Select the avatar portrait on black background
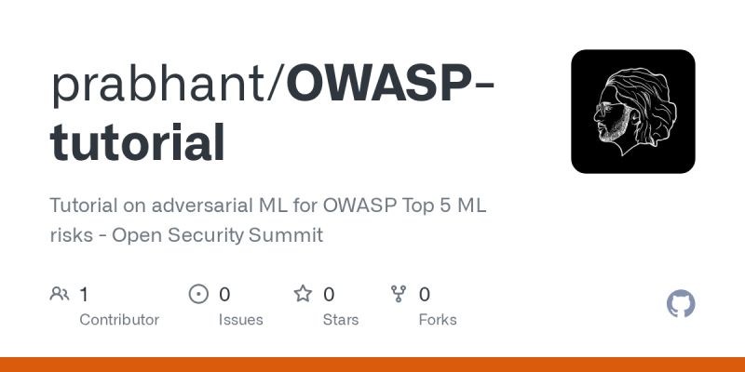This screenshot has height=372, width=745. [633, 112]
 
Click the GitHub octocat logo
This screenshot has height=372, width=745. [682, 304]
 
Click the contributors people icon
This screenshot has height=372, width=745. [60, 295]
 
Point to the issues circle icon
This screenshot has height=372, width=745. [198, 295]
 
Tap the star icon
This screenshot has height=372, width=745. [303, 295]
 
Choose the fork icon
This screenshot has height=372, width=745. [399, 295]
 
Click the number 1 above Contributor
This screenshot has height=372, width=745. [84, 295]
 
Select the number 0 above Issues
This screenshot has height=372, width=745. [224, 295]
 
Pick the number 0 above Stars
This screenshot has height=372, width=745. [329, 295]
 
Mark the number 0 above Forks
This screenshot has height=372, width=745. [425, 295]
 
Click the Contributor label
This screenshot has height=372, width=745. [119, 320]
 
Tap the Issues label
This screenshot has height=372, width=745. [240, 320]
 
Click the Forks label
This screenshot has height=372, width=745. [438, 320]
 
